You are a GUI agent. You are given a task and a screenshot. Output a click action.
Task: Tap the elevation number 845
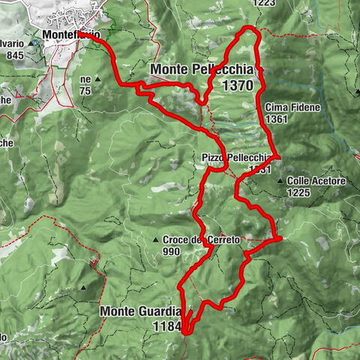click(x=14, y=54)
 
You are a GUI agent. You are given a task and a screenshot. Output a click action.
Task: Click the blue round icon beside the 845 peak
click(x=35, y=43)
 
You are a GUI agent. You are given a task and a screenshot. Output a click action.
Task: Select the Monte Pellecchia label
click(x=198, y=70)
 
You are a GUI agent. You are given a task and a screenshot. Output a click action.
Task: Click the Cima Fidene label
click(x=292, y=107)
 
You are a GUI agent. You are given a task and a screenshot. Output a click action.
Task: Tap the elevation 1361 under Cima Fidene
click(x=276, y=118)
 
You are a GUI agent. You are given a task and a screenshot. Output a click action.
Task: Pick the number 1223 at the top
click(x=265, y=3)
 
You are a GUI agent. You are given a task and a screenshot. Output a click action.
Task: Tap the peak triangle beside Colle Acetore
click(x=280, y=181)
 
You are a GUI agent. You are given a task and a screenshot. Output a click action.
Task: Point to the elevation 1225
click(x=298, y=192)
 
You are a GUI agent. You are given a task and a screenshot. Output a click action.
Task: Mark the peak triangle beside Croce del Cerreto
click(x=157, y=240)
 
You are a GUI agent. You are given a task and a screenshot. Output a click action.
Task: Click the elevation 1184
click(x=167, y=326)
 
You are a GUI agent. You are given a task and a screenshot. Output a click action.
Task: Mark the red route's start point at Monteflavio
click(x=81, y=34)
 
